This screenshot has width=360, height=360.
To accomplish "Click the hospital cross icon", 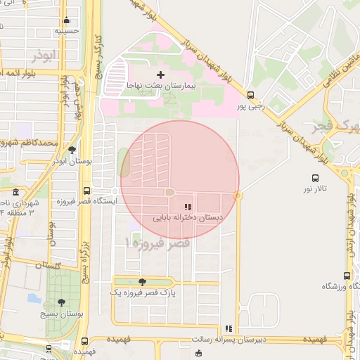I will [160, 74].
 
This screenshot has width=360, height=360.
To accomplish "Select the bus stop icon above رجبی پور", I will [250, 95].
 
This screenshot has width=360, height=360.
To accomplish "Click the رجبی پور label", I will [250, 106].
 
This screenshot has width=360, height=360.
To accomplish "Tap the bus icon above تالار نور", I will [315, 179].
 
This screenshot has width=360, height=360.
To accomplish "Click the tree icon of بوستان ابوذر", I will [72, 150].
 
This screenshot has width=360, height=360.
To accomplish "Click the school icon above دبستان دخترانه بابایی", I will [187, 207].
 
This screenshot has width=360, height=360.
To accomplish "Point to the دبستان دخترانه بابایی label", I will [187, 218].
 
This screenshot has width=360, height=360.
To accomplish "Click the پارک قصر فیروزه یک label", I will [143, 291].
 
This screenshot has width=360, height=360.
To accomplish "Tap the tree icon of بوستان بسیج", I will [62, 302].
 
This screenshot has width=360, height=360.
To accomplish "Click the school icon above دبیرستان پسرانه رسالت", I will [229, 328].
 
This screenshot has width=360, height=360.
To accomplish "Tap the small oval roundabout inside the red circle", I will [170, 192].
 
